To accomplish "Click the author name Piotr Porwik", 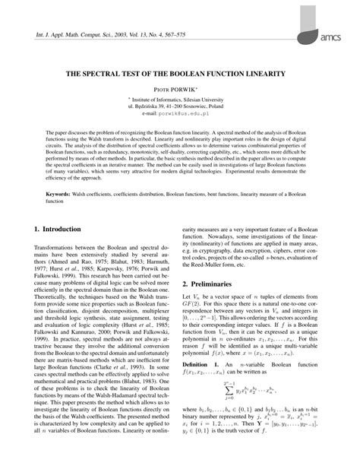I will (180, 89).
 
